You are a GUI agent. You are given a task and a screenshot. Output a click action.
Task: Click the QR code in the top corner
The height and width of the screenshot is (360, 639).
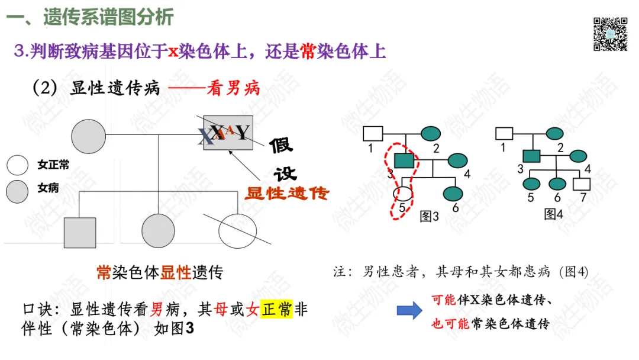click(x=610, y=34)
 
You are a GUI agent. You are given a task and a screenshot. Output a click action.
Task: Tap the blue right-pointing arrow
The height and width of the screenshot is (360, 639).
click(x=409, y=311)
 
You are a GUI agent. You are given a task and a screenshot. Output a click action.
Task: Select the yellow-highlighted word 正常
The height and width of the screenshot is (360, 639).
click(x=276, y=309)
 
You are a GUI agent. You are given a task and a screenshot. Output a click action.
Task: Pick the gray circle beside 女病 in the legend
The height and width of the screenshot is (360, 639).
click(x=17, y=189)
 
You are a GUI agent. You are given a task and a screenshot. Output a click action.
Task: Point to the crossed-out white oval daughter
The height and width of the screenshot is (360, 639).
click(x=238, y=228)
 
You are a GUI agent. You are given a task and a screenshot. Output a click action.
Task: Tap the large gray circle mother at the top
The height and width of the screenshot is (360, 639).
click(x=89, y=136)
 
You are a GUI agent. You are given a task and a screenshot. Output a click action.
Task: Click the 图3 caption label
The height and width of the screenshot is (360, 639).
click(x=429, y=216)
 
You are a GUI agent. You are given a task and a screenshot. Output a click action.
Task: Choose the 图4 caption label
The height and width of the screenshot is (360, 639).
click(x=554, y=214)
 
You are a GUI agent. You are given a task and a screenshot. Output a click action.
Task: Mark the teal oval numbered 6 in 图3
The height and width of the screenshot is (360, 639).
click(x=453, y=193)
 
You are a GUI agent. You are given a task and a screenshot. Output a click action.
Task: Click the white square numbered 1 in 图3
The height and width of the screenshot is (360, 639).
click(x=372, y=134)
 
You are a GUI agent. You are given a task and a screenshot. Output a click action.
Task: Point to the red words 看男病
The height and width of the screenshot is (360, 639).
click(x=233, y=89)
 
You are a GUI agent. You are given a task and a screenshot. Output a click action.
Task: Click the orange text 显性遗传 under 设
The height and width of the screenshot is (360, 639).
click(x=287, y=193)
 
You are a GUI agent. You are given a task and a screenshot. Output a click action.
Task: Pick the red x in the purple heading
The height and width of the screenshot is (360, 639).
click(x=173, y=52)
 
